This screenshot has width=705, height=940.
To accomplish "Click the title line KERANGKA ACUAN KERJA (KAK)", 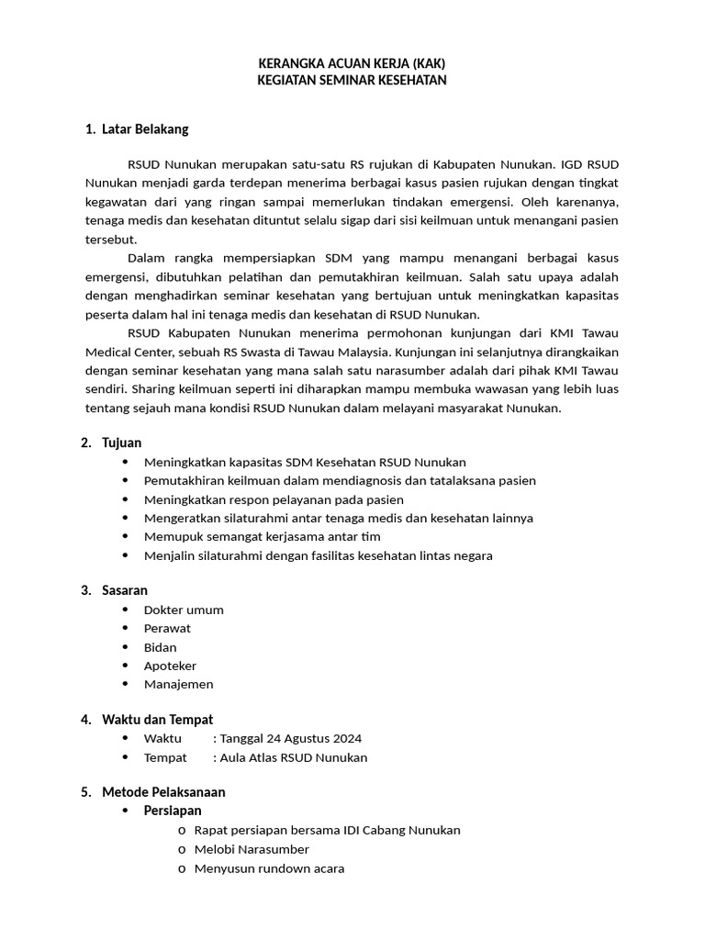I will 352,63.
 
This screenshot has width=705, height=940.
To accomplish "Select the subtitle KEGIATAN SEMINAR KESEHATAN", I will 352,81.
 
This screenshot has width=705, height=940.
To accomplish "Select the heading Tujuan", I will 121,443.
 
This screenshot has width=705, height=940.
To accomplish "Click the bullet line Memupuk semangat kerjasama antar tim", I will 262,536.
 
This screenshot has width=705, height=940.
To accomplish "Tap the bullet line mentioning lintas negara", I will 318,555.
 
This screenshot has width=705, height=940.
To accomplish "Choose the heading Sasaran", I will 125,590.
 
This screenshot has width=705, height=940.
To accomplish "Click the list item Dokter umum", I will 184,610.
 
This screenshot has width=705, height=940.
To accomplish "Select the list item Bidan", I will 161,647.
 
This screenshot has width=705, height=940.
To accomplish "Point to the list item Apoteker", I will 170,666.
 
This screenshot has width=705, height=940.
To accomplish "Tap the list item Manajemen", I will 178,684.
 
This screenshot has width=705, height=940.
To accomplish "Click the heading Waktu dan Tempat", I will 157,720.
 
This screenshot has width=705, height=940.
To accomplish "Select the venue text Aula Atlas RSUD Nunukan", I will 293,757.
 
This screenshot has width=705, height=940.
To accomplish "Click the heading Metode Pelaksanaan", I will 163,792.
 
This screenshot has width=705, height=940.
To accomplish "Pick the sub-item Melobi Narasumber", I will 252,849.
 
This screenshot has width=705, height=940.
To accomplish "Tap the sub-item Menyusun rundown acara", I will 269,867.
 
